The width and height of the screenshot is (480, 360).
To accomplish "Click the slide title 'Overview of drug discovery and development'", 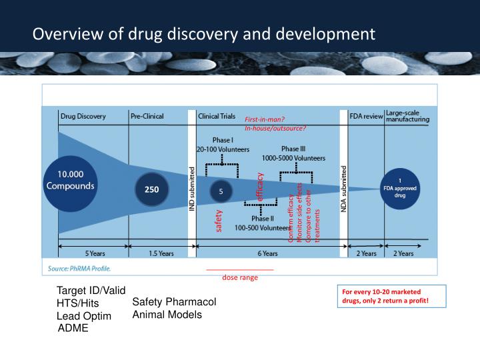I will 204,33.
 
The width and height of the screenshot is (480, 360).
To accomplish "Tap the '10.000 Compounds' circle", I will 70,180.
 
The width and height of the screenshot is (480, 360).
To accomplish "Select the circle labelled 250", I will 152,189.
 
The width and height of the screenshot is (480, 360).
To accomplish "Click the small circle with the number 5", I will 221,190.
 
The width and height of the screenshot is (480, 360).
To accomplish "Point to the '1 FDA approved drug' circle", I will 400,189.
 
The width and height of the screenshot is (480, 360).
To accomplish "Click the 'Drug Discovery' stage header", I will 83,116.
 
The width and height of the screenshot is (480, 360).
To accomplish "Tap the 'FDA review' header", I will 366,116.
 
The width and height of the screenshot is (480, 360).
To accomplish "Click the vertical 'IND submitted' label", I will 193,189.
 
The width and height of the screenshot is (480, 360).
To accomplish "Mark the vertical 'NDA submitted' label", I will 344,189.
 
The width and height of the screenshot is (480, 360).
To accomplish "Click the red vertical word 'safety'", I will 218,221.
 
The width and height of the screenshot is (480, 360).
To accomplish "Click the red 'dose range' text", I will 240,277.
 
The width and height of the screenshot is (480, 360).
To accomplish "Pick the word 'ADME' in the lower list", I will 73,328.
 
